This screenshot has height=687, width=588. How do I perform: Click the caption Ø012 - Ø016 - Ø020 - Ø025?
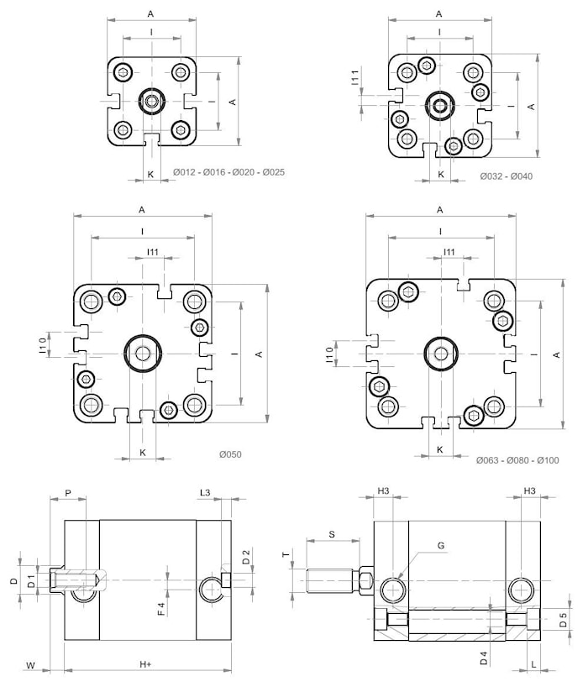click(x=228, y=173)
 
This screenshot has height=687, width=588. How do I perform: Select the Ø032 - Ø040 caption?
click(x=506, y=176)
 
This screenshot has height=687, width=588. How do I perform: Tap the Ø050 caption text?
click(x=230, y=454)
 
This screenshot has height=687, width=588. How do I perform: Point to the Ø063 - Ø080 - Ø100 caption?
click(x=517, y=460)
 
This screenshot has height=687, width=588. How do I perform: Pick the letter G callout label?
click(x=441, y=546)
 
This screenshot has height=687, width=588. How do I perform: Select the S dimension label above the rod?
click(x=331, y=533)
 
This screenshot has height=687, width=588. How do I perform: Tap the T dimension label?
click(x=285, y=555)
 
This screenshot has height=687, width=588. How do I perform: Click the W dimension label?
click(x=30, y=665)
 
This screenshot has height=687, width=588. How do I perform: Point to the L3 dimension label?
click(x=204, y=491)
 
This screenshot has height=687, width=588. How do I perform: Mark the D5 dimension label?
click(x=565, y=619)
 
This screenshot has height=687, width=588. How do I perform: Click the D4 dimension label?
click(x=484, y=659)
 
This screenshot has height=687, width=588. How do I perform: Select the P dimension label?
click(x=68, y=493)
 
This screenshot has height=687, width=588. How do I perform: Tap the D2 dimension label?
click(x=245, y=556)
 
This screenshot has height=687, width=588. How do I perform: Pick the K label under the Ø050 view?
click(x=143, y=452)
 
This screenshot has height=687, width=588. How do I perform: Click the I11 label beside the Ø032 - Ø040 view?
click(x=355, y=78)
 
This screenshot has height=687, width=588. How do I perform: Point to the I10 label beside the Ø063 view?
click(x=328, y=354)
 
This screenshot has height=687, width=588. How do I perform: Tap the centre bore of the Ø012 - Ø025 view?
click(x=151, y=102)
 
